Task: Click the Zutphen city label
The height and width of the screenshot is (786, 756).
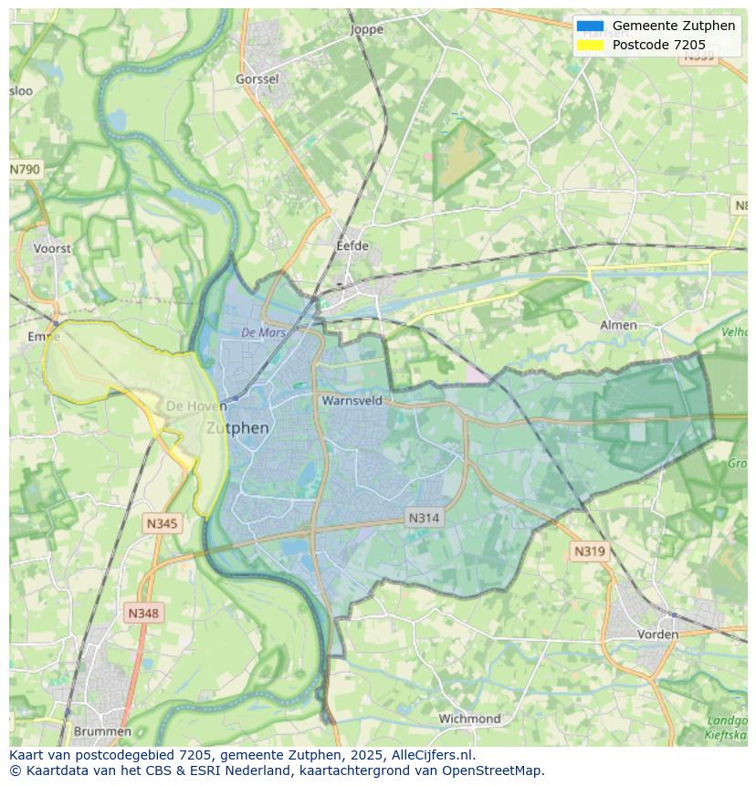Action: click(x=237, y=428)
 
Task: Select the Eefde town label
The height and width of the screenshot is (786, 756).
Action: click(x=352, y=246)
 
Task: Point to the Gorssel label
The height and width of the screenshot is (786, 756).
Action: click(x=257, y=79)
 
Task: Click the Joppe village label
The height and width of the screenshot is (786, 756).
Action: click(x=367, y=29)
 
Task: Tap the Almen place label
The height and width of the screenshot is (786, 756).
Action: click(x=618, y=325)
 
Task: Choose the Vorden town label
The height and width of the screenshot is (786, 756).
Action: click(x=657, y=634)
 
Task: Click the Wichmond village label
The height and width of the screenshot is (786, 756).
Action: click(x=469, y=718)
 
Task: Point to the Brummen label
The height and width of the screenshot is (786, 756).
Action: click(x=102, y=731)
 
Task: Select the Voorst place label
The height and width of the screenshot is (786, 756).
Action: click(x=52, y=248)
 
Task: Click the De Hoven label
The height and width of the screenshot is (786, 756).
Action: click(x=190, y=405)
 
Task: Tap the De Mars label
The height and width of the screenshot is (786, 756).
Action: click(x=264, y=333)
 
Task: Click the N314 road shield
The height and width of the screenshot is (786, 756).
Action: click(x=424, y=518)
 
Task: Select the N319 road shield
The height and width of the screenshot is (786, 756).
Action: click(x=589, y=551)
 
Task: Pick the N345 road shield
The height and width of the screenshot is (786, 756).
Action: click(x=163, y=524)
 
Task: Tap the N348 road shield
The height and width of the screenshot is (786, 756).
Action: click(x=143, y=613)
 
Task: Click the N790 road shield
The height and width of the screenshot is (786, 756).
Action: click(x=26, y=170)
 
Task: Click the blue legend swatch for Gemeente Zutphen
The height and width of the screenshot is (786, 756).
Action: click(x=590, y=26)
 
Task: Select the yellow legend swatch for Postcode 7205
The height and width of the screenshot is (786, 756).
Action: click(x=590, y=45)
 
